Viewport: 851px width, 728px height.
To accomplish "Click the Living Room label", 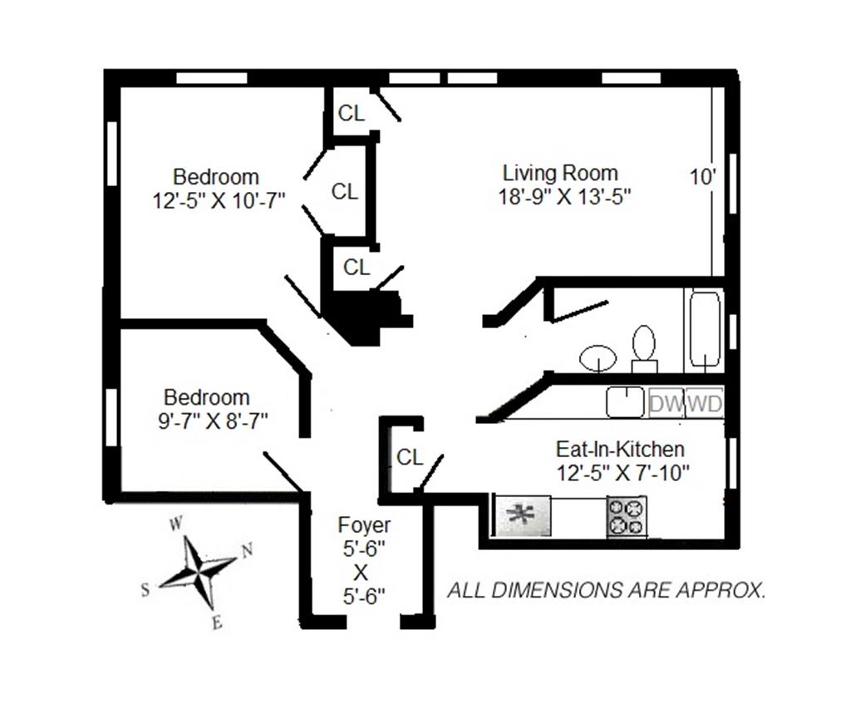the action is pos(560,174).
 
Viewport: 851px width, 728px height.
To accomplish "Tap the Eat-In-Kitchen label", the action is pos(620,450).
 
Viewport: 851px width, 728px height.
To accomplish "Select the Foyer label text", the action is pos(363,525).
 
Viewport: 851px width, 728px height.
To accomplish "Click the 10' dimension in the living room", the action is pos(702,177).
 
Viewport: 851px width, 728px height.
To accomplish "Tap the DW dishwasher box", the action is pos(667,405).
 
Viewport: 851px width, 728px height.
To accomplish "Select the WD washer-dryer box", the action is pos(706,405).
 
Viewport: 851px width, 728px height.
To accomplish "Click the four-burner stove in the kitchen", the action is pos(627,516).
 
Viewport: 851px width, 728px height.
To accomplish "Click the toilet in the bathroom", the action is pos(644,348).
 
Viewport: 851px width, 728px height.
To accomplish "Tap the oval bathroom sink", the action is pos(598,357).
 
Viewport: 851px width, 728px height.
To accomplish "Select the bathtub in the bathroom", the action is pos(705,330).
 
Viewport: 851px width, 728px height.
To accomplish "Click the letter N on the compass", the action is pos(246,549).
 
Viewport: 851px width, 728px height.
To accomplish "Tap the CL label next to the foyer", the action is pos(410,457).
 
